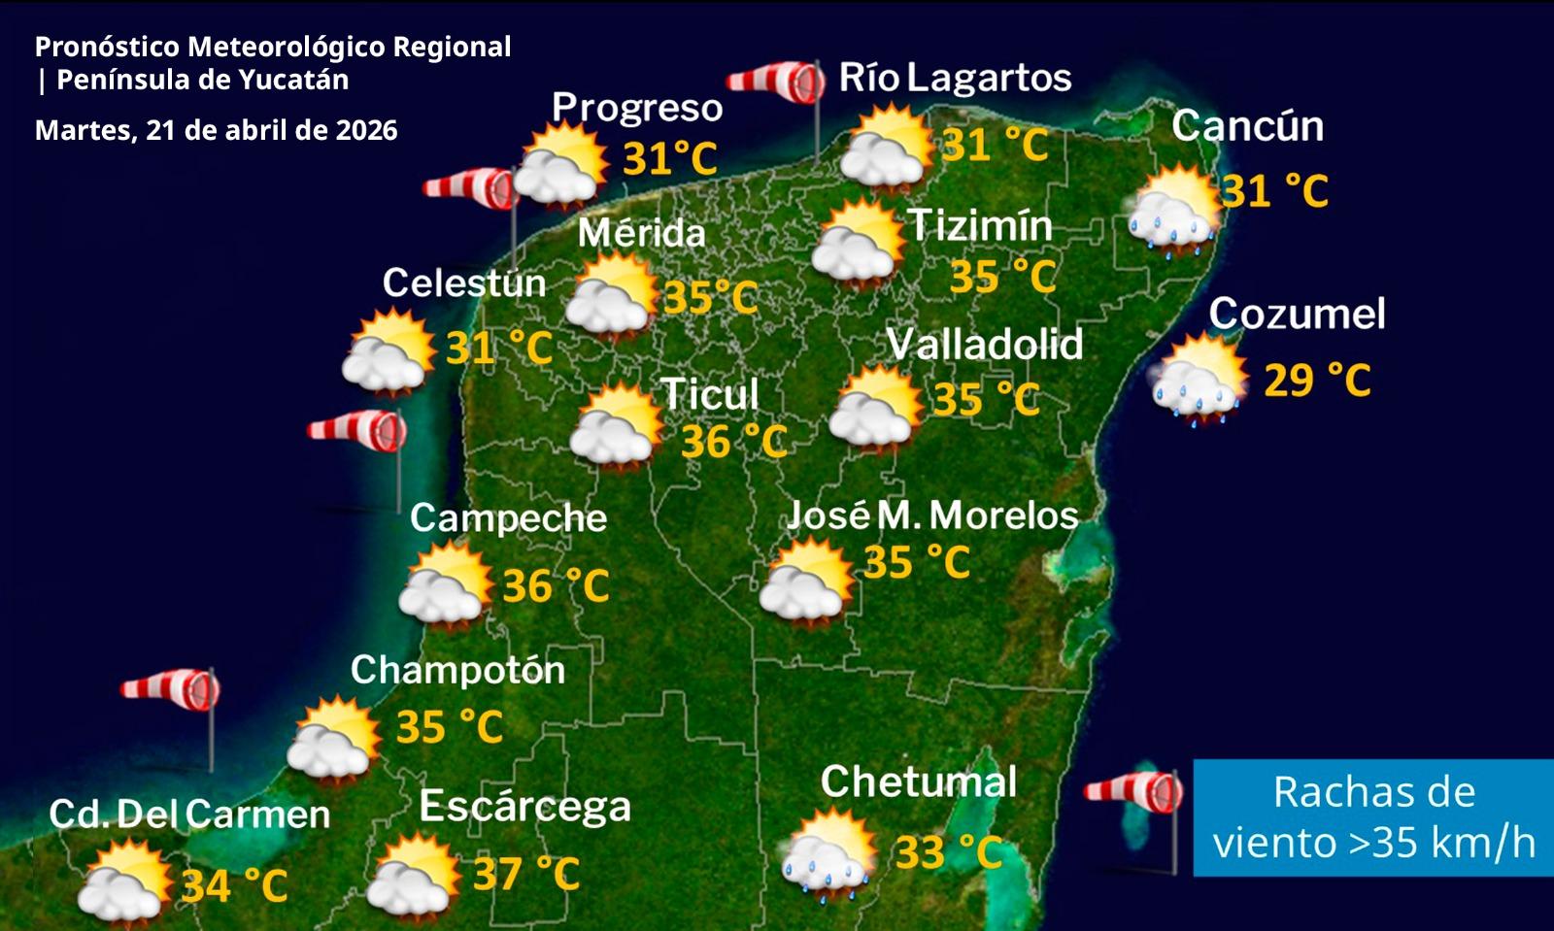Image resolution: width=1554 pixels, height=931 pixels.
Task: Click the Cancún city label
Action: coord(1247,126)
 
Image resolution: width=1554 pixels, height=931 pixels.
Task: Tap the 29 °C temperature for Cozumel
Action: coord(1316,380)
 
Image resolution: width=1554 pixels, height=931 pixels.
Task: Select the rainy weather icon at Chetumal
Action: coord(828,853)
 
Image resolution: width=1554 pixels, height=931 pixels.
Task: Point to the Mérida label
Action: coord(641,233)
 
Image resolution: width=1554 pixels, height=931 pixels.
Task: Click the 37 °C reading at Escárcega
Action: coord(525,874)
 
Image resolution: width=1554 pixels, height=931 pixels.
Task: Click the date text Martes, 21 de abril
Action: coord(216,130)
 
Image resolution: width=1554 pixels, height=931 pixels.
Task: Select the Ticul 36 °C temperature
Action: coord(733,442)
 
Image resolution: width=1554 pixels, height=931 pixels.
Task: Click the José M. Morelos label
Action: coord(931,515)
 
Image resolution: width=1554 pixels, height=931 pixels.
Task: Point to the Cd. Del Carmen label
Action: coord(189,814)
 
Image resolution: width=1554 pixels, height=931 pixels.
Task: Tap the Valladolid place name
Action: coord(984,344)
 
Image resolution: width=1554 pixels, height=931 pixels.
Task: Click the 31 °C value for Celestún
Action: coord(498,348)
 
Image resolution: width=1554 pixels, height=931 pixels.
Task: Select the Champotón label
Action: coord(457,670)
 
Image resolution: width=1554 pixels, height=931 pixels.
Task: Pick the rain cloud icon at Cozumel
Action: coord(1199,381)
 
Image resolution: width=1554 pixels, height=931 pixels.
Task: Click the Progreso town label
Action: coord(637,107)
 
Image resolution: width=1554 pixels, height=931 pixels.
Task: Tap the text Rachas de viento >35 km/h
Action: coord(1373,817)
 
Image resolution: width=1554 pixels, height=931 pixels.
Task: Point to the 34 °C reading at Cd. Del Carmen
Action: coord(234,885)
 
